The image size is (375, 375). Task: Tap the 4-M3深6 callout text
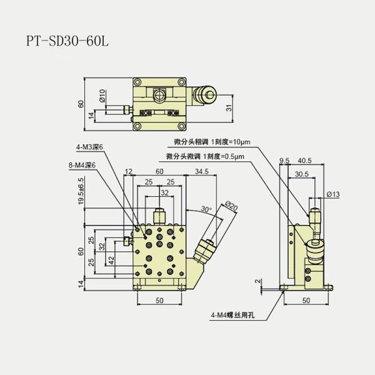click(89, 147)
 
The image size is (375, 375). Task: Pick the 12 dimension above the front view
click(129, 171)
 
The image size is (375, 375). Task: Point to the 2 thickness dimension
click(257, 281)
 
